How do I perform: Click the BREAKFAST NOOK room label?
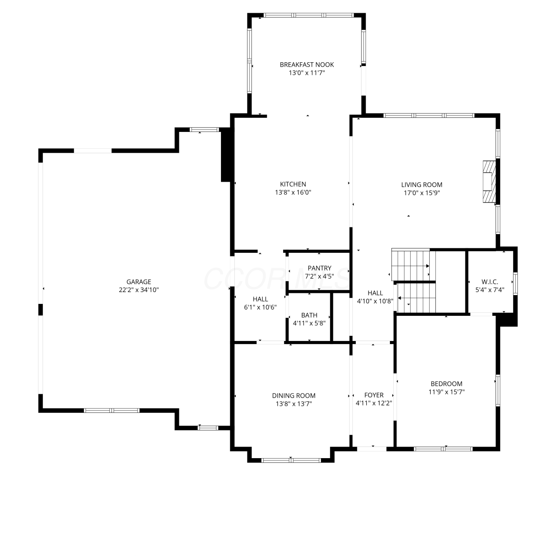coord(307,64)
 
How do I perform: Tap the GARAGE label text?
coord(139,282)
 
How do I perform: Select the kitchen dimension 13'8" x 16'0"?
coord(293,192)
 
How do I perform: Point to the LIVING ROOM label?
coord(421,185)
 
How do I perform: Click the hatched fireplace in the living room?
coord(489,182)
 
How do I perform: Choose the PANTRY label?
coord(319,268)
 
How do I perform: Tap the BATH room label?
coord(309,315)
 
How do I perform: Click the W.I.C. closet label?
coord(490,282)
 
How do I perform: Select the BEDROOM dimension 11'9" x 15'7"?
coord(447,392)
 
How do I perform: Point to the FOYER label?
coord(374,395)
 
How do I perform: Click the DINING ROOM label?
coord(294,396)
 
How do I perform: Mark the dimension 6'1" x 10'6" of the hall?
coord(260,307)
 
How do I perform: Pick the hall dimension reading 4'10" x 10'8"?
coord(375,301)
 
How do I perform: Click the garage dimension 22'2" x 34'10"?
coord(139,290)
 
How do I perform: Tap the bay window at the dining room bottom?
coord(291,460)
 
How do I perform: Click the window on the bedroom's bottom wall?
coord(443,449)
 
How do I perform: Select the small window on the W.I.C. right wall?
coord(515,284)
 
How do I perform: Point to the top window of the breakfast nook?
coord(308,16)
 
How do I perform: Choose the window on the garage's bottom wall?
coord(112,410)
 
